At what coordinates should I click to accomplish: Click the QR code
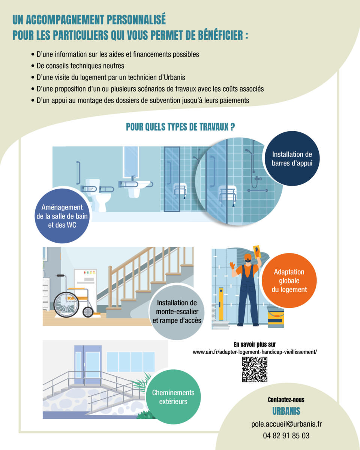click(255, 369)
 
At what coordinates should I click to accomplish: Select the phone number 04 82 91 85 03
click(286, 436)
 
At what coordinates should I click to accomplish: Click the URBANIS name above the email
click(286, 411)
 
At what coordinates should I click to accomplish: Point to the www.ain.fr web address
click(255, 352)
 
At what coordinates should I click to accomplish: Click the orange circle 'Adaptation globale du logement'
click(289, 280)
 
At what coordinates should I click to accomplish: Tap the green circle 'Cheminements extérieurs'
click(173, 397)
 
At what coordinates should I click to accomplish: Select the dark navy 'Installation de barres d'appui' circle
click(292, 159)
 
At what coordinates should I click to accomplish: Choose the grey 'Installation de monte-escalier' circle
click(177, 312)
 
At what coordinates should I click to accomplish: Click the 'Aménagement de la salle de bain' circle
click(62, 216)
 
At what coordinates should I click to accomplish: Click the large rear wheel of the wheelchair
click(66, 304)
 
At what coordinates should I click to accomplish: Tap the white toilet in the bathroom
click(98, 195)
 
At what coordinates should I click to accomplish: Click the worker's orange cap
click(247, 256)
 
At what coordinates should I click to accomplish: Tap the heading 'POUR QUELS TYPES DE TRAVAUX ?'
click(180, 127)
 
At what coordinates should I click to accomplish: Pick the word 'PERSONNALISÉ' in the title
click(136, 19)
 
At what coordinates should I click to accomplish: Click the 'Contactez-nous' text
click(286, 400)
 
